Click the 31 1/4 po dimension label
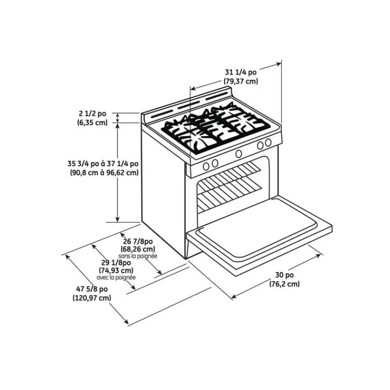240,72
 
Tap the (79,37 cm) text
241,81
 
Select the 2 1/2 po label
93,114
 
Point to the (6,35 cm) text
92,122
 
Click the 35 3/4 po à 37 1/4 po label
103,164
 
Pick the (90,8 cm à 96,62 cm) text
104,173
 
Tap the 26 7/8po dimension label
138,241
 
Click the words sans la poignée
138,256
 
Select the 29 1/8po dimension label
116,263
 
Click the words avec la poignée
116,277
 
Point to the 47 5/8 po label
92,289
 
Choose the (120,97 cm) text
92,298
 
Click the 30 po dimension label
284,275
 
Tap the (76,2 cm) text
285,284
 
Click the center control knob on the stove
238,154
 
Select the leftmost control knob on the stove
206,166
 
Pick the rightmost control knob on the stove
268,142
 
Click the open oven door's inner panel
257,228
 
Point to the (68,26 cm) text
138,249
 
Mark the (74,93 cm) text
116,270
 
